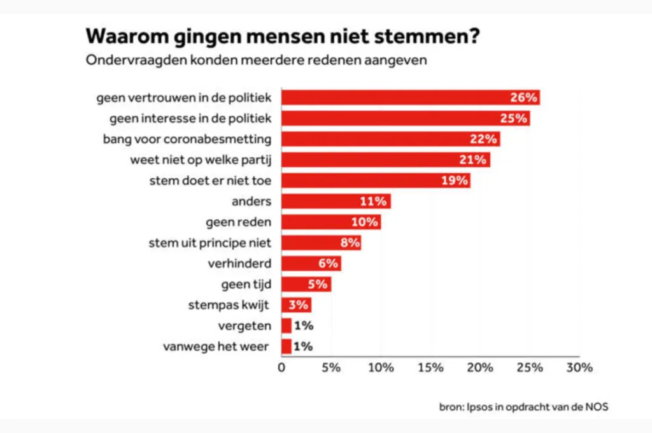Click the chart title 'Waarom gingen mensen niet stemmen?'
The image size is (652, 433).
tap(283, 36)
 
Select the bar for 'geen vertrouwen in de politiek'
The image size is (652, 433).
tap(395, 97)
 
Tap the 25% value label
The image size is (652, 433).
tap(513, 118)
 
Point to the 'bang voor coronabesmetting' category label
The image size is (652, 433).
tap(187, 139)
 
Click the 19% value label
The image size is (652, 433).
tap(454, 181)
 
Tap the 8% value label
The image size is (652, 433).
tap(350, 243)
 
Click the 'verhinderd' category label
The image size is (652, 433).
tap(239, 264)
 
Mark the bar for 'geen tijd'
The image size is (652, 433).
tap(296, 284)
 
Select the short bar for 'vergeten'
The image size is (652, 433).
tap(287, 326)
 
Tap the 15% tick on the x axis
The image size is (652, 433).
tap(430, 367)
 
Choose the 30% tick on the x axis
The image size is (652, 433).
tap(579, 367)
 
